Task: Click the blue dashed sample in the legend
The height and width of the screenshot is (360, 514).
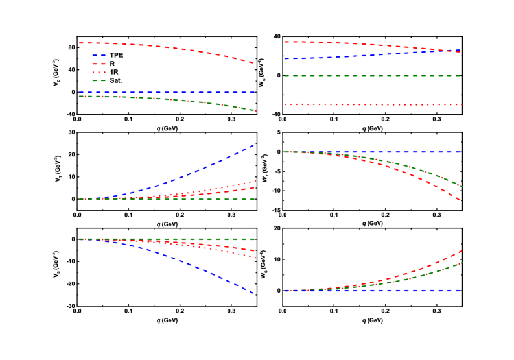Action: [99, 56]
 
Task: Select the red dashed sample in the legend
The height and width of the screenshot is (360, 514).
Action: [99, 64]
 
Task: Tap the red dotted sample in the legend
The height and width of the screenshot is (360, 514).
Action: [99, 73]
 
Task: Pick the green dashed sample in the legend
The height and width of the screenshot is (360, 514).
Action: [99, 81]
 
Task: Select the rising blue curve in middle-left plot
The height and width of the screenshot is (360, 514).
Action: [194, 172]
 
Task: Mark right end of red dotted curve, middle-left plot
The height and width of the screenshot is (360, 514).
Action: [254, 181]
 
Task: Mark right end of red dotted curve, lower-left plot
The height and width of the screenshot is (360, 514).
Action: [254, 258]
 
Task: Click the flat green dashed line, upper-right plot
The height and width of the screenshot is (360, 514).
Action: [373, 76]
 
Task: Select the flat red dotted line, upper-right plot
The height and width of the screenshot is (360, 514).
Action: [373, 104]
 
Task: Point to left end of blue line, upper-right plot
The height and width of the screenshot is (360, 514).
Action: [285, 59]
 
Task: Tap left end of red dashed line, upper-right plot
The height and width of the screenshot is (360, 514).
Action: [285, 42]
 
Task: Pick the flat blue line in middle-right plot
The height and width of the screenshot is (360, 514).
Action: [373, 152]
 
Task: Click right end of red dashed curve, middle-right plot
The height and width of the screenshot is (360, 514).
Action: [460, 200]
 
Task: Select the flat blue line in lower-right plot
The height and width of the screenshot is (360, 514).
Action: [373, 291]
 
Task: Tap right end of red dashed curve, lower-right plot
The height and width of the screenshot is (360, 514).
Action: [460, 250]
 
